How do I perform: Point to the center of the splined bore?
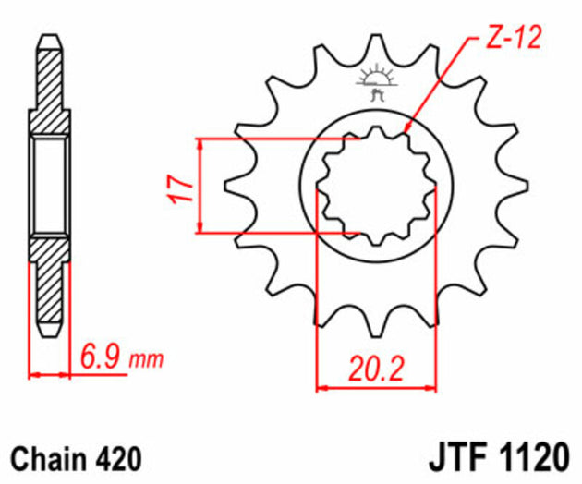click(x=375, y=187)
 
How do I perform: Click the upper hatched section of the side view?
click(x=49, y=88)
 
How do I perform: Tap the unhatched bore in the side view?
click(x=49, y=185)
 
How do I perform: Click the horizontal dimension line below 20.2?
click(x=375, y=387)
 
